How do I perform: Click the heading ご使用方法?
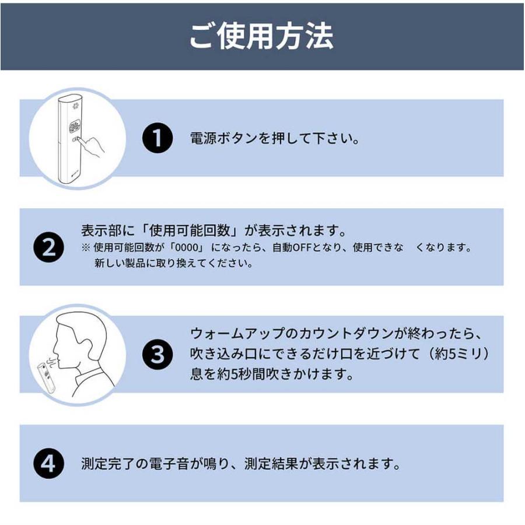[x=261, y=36]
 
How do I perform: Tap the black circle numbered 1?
[x=157, y=139]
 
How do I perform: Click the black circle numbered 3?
[x=157, y=354]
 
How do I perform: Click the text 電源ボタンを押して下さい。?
[x=274, y=139]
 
